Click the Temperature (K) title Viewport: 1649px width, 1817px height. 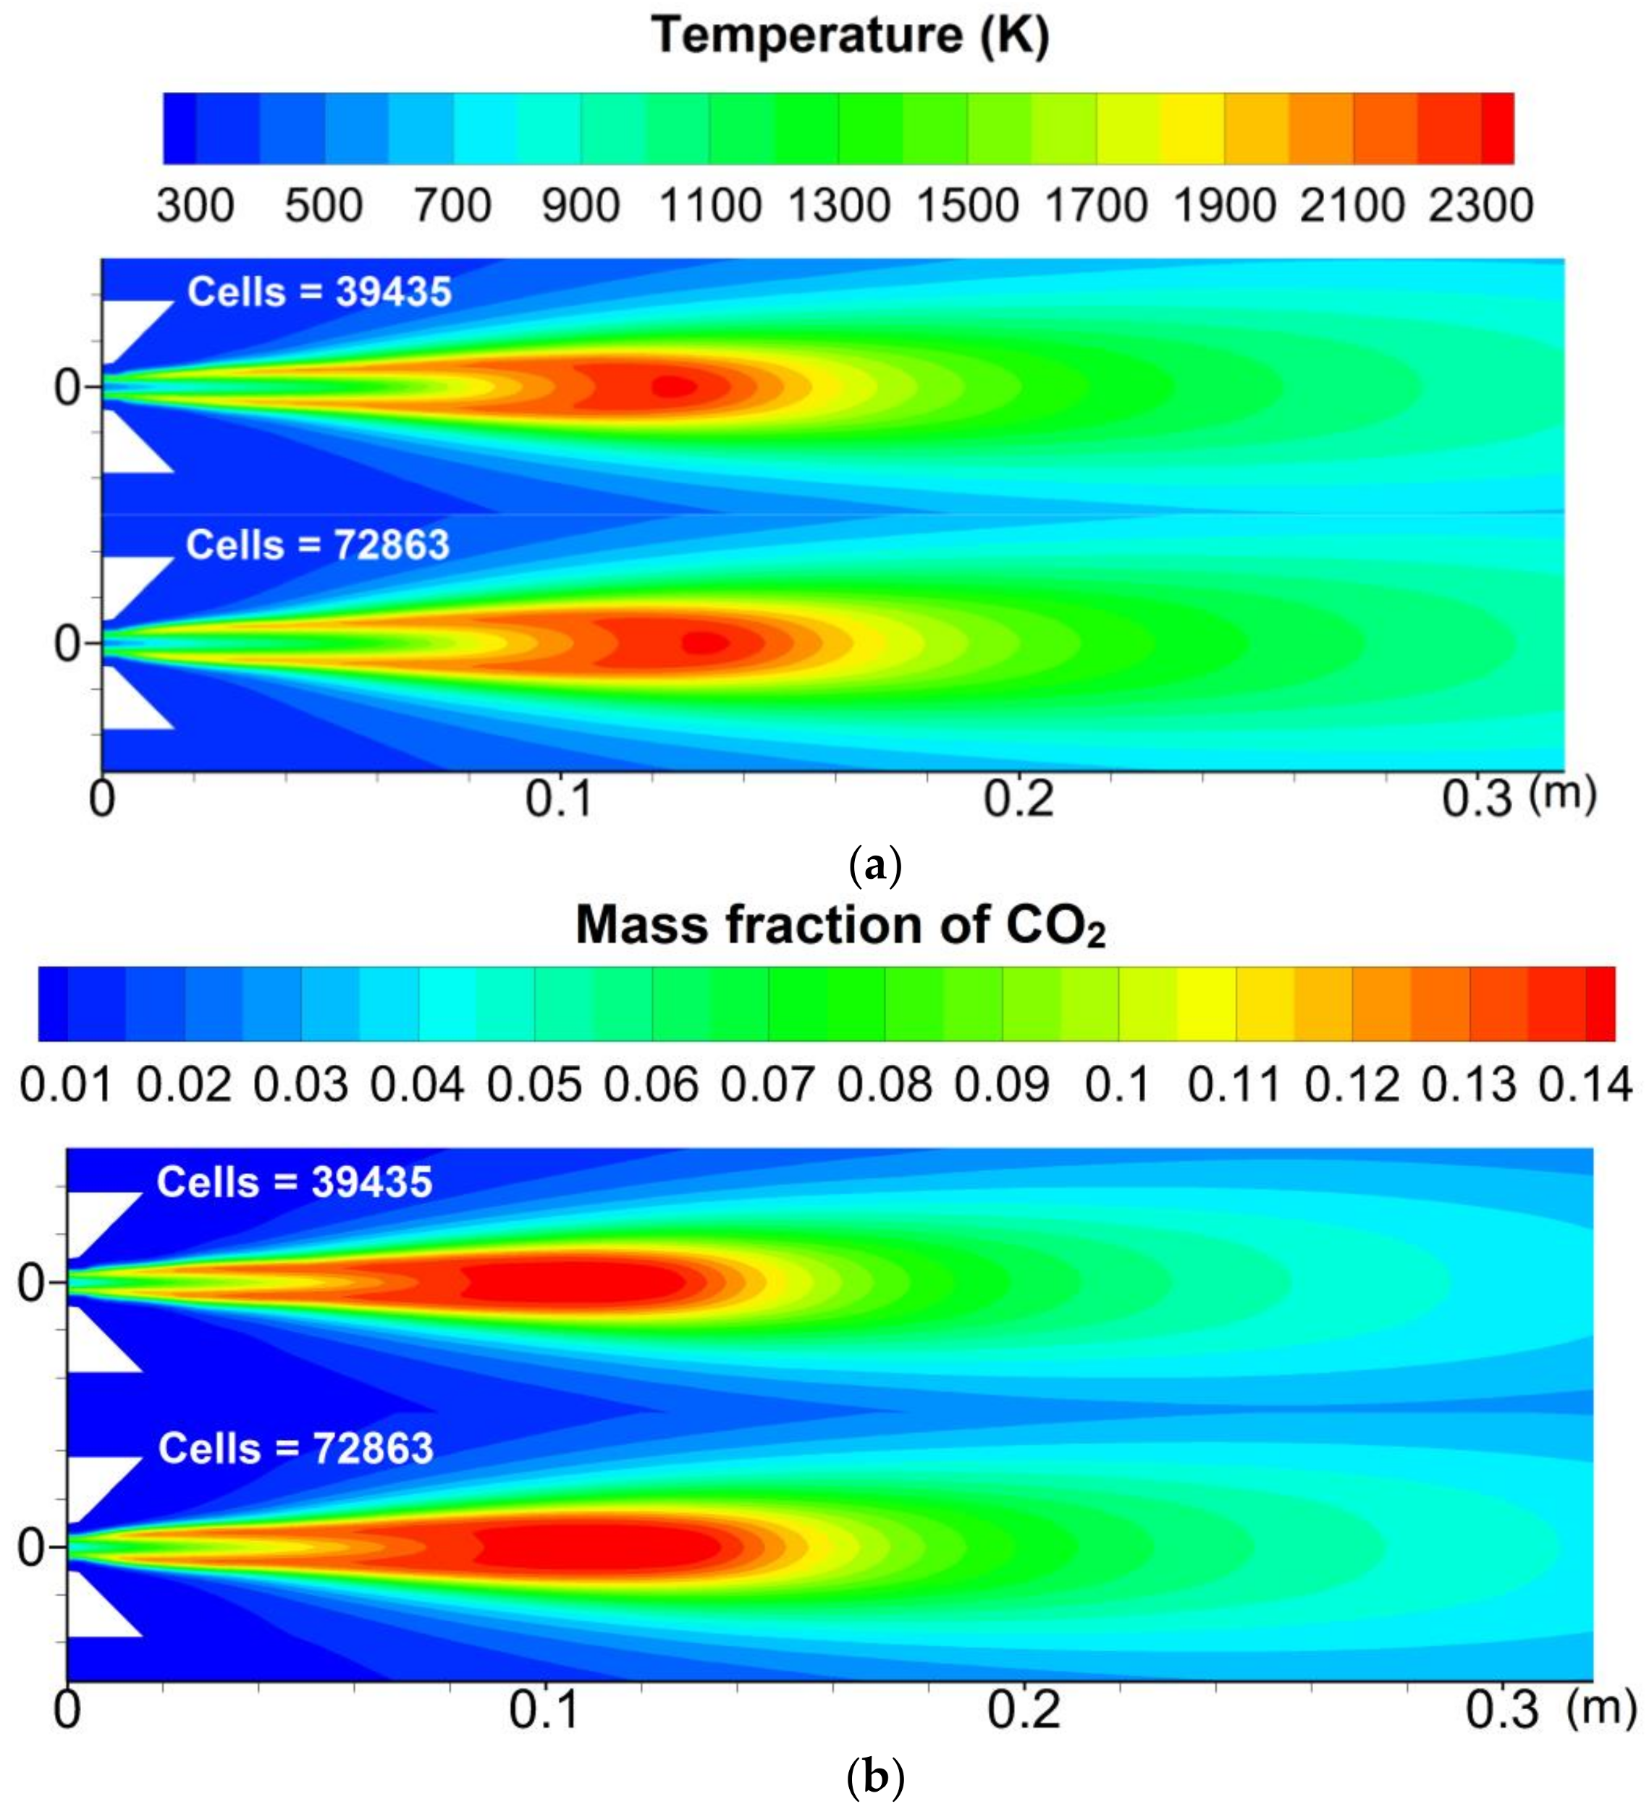point(850,36)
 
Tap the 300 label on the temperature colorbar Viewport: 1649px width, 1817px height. point(195,206)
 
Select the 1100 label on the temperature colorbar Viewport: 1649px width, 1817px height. point(710,206)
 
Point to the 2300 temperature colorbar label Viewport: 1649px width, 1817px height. point(1480,206)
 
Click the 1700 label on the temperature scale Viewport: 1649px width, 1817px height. point(1096,206)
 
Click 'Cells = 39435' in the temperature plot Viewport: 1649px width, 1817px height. point(319,292)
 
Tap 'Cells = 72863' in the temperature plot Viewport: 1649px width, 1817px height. point(317,545)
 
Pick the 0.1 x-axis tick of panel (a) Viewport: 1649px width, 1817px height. point(559,798)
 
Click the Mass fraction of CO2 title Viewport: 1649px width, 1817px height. point(840,926)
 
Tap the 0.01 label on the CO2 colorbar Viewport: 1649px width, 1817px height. point(66,1084)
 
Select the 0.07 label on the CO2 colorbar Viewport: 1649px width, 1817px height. point(768,1084)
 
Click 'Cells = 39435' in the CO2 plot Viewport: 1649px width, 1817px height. point(295,1182)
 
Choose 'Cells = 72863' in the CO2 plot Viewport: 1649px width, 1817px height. point(295,1449)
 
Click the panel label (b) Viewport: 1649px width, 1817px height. point(876,1778)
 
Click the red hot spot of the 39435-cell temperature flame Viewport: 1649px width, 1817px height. point(674,387)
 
